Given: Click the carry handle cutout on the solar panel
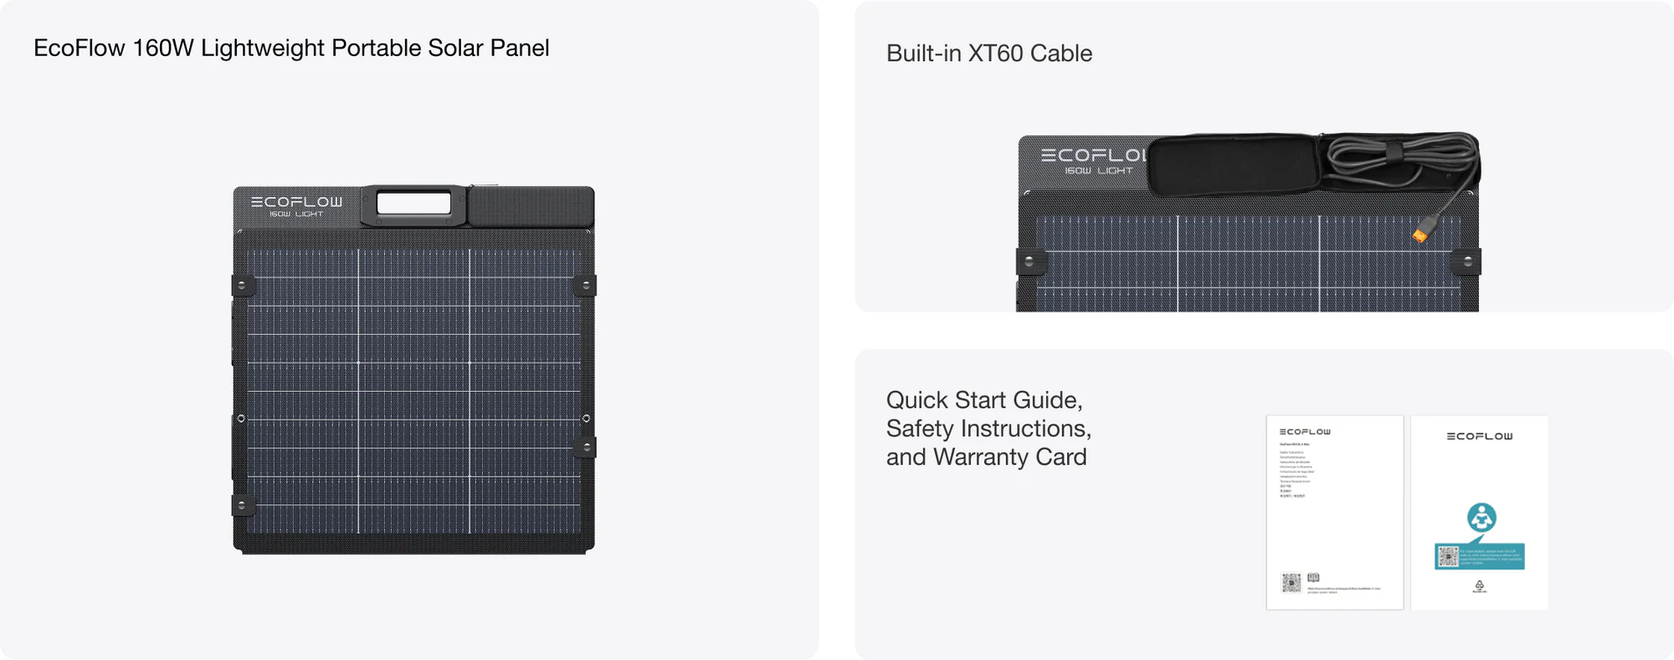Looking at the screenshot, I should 413,204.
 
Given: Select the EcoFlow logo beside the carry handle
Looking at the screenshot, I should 296,202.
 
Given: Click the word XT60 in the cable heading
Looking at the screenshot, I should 995,54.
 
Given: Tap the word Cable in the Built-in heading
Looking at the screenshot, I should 1060,54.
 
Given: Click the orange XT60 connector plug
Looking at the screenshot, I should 1420,235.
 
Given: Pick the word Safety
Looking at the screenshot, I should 920,429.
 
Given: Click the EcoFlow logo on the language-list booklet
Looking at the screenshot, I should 1305,432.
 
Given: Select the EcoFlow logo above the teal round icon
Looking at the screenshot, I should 1480,436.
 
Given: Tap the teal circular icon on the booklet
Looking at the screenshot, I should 1481,518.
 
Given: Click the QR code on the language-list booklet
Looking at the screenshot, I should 1291,582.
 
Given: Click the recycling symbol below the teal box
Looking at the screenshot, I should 1480,585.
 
